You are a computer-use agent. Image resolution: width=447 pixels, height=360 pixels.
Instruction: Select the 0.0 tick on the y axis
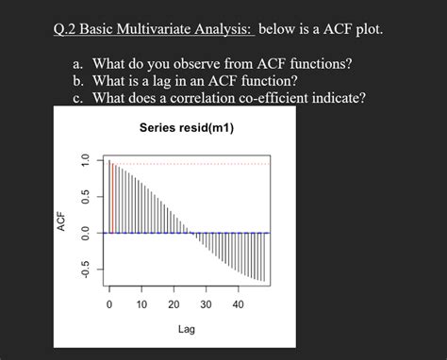85,232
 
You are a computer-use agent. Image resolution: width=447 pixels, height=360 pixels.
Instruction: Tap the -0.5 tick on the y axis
85,269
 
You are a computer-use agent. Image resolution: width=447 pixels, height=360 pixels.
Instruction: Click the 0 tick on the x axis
109,304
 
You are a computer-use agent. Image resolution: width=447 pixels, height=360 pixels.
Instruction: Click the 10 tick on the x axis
141,304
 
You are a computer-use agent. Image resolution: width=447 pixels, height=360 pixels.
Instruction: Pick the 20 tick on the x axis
174,304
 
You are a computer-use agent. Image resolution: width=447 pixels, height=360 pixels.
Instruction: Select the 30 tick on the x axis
206,304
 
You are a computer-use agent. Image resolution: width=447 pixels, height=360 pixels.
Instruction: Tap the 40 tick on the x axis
238,304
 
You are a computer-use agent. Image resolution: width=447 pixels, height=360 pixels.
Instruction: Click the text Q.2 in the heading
68,30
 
